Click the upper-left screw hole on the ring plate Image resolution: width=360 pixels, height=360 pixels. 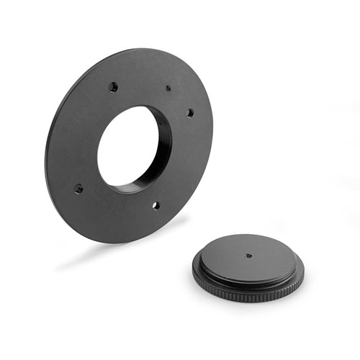[x=113, y=86]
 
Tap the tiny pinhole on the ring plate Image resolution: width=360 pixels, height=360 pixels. [x=168, y=88]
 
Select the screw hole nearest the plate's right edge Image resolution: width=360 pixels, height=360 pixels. [x=190, y=112]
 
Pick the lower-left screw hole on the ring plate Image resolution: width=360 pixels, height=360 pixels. [x=78, y=189]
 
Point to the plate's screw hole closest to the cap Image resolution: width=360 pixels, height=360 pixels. [x=155, y=205]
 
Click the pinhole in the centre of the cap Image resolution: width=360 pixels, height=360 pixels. [x=248, y=255]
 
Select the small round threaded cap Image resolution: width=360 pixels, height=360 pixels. [x=248, y=266]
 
